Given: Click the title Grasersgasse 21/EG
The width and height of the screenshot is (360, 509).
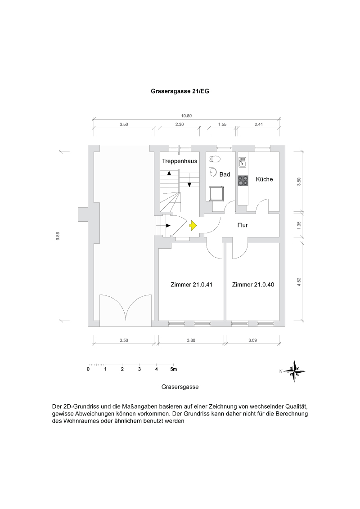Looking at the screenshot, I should coord(180,90).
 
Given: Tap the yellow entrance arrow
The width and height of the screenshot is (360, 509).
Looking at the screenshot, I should coord(193,226).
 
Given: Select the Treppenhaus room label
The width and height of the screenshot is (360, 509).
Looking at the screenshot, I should coord(179,161).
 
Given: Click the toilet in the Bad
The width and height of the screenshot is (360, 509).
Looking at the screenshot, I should coord(215,159).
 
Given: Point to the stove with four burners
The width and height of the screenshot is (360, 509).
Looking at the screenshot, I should coord(243,180).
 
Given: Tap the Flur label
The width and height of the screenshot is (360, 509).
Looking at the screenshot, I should coord(243,225).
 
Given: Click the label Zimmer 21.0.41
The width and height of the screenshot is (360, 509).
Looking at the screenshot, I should coord(191,285).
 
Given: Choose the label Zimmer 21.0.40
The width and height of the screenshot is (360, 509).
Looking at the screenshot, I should coord(252,285).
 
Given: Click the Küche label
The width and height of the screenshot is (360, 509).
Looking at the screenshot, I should coord(264,179).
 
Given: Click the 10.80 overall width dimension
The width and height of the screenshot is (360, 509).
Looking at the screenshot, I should coord(186,116).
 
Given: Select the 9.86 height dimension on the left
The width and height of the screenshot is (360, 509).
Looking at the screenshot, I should coord(58,236).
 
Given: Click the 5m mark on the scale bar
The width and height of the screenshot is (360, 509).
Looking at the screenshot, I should coord(173,369).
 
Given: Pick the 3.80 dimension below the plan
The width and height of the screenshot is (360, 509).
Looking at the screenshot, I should coord(191,340).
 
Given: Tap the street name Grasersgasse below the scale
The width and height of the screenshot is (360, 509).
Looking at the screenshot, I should coord(180,387).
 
